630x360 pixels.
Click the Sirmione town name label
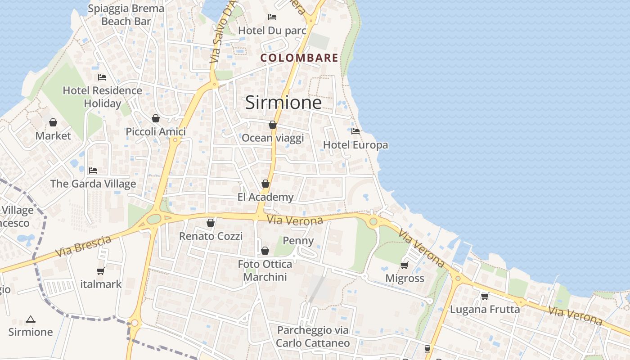tap(283, 103)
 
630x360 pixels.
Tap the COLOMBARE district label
tap(299, 58)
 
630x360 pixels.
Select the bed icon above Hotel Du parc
tap(272, 17)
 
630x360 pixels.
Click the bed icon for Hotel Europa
tap(355, 131)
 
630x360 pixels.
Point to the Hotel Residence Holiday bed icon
tap(102, 77)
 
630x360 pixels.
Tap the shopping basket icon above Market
tap(53, 122)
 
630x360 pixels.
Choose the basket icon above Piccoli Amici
tap(156, 118)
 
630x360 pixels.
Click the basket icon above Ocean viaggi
tap(273, 125)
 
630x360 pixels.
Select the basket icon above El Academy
tap(265, 184)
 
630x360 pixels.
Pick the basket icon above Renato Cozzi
tap(211, 223)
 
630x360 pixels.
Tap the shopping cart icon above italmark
tap(101, 271)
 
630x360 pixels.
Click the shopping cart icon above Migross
tap(405, 265)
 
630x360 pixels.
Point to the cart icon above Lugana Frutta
tap(485, 296)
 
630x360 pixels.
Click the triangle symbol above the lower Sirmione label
tap(31, 319)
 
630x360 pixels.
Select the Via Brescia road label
tap(83, 247)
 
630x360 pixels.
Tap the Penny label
tap(298, 241)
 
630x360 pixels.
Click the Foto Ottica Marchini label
tap(265, 270)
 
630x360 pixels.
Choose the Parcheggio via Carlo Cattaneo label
tap(313, 336)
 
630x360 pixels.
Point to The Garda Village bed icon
tap(93, 171)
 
